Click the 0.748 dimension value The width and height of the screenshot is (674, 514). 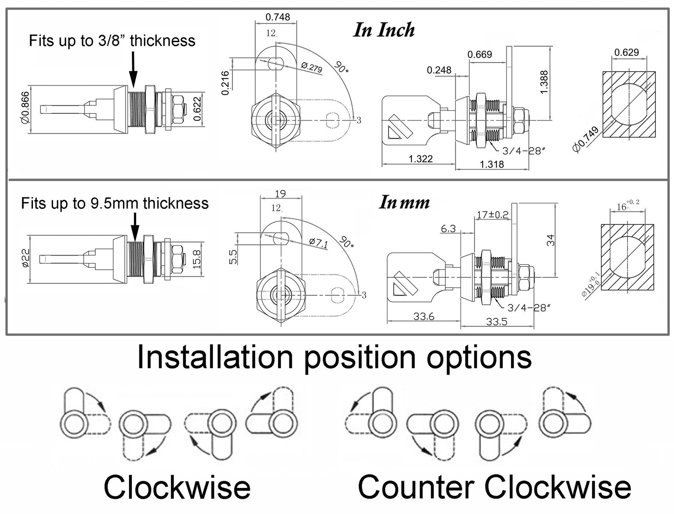coord(278,17)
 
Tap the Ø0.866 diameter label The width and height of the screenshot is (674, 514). coord(26,108)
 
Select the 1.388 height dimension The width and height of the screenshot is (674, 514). coord(543,82)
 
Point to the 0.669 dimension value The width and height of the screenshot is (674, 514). coord(480,54)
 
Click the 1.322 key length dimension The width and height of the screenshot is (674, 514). coord(421,159)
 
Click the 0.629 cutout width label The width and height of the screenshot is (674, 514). coord(627,52)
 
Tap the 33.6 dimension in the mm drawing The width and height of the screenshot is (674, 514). coord(424,316)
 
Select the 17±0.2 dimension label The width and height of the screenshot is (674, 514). coord(493,215)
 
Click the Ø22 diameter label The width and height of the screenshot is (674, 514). coord(26,258)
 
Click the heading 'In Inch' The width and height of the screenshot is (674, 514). coord(384,30)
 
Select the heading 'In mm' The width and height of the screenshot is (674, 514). coord(404,202)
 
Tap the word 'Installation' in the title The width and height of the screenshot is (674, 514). coord(215,357)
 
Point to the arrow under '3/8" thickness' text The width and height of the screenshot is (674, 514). coord(133,70)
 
